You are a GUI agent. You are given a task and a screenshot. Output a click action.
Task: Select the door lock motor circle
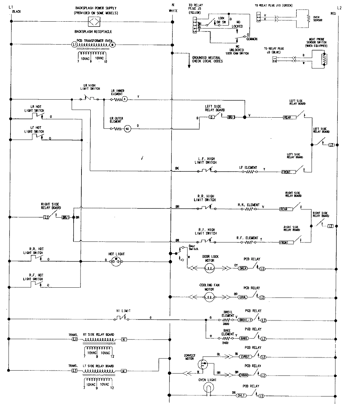click(209, 268)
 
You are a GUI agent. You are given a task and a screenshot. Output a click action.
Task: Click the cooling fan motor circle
click(209, 297)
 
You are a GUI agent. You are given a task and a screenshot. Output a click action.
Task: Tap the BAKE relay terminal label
click(243, 338)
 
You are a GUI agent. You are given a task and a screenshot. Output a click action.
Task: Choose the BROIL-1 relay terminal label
click(246, 319)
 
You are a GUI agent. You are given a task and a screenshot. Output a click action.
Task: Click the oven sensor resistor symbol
click(308, 18)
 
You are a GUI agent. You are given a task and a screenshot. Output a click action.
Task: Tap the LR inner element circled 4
click(125, 99)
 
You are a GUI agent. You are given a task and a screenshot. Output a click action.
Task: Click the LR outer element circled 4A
click(127, 129)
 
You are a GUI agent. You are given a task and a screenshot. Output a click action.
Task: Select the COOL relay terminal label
click(243, 297)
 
